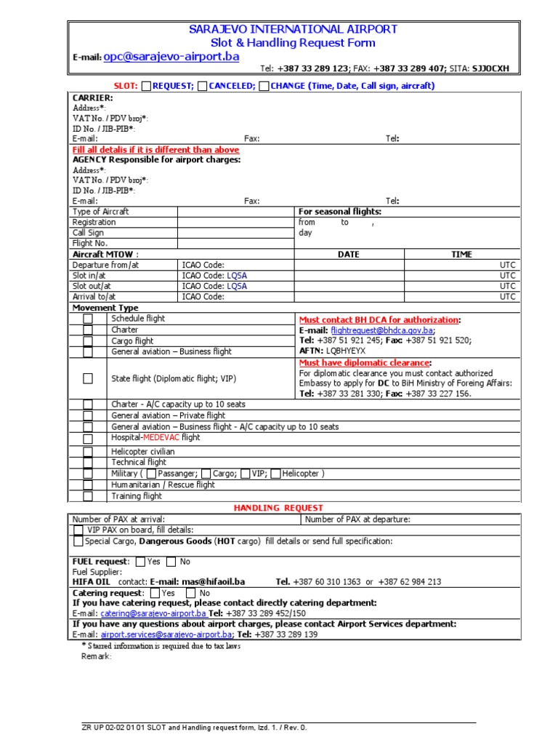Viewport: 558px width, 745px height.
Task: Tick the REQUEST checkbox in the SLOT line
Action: (x=146, y=86)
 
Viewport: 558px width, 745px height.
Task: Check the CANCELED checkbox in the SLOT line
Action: (x=203, y=86)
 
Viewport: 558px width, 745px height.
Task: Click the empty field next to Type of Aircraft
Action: (x=235, y=212)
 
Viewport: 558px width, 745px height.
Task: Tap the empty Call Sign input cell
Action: (x=235, y=233)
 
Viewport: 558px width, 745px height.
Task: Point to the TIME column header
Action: (x=461, y=255)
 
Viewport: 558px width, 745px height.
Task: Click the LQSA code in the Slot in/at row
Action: (x=237, y=276)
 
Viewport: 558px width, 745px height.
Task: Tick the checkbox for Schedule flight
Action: (x=88, y=319)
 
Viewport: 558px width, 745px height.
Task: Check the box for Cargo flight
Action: (x=88, y=340)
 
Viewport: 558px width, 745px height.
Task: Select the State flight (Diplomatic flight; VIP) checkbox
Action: (x=88, y=378)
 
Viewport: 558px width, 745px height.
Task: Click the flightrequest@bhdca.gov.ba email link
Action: (x=382, y=330)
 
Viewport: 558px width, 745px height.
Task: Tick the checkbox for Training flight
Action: (x=88, y=496)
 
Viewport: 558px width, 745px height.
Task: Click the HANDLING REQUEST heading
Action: (x=278, y=508)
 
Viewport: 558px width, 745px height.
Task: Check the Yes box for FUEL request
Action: (x=140, y=562)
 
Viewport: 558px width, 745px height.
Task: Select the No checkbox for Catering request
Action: (x=191, y=593)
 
